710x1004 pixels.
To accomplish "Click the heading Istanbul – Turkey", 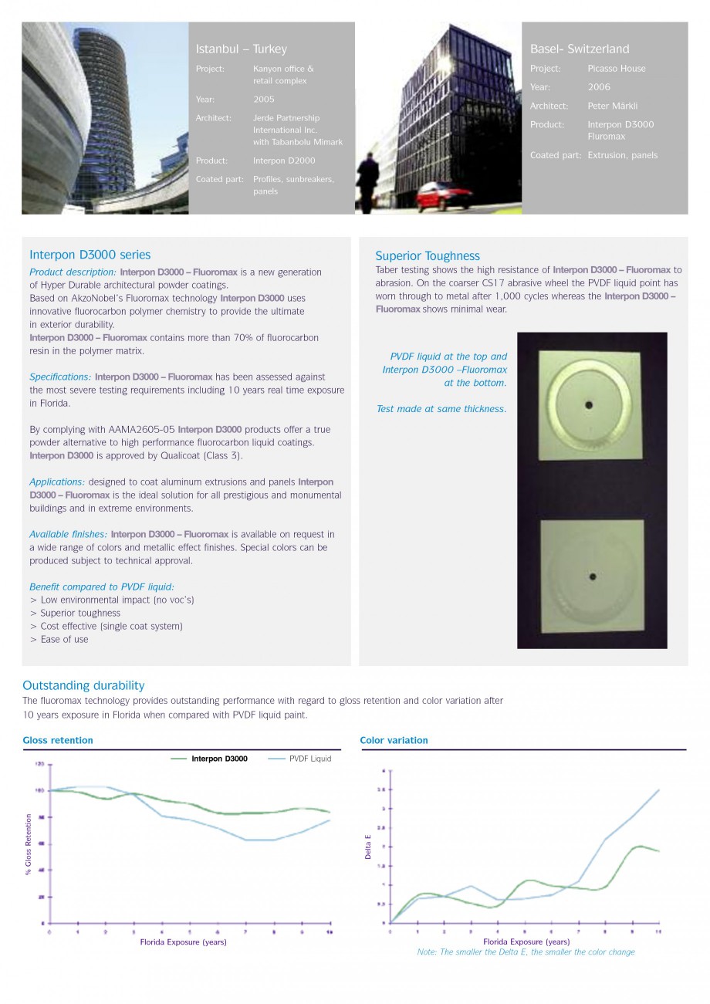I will (241, 49).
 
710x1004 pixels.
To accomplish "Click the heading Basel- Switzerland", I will (579, 49).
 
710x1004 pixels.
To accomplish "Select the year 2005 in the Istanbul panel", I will (263, 100).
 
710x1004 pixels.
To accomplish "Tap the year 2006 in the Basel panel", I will (598, 87).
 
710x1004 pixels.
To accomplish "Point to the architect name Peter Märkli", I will (612, 106).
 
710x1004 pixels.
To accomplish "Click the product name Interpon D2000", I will (283, 161).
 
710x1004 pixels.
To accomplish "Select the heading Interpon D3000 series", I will (90, 255).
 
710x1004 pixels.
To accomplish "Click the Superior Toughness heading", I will (427, 256).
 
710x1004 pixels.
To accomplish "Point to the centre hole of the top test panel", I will (588, 404).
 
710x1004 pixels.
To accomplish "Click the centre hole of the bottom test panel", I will (592, 576).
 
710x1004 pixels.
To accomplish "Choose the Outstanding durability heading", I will (83, 685).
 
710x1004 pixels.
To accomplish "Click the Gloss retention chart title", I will (58, 740).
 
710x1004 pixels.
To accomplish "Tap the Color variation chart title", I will (394, 740).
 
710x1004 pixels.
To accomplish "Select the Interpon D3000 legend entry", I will (219, 759).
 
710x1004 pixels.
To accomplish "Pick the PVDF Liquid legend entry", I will (309, 759).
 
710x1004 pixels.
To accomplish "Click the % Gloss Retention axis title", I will (29, 844).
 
